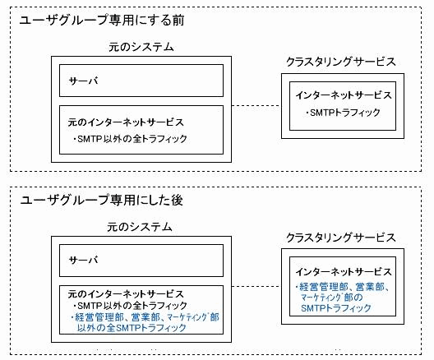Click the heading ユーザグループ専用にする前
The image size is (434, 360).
(102, 21)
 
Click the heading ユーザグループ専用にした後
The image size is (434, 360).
(102, 200)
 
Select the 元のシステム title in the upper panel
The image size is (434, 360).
(141, 47)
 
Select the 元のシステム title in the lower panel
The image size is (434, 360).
(140, 227)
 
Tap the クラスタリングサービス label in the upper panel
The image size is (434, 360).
(341, 62)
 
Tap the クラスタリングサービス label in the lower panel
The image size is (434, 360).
(341, 238)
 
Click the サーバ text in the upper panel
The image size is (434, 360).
(83, 81)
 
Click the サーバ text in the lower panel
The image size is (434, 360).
(83, 260)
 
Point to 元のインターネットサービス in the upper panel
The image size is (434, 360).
(126, 122)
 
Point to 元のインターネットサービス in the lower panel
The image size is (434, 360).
(126, 294)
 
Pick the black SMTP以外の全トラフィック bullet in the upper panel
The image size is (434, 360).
(130, 139)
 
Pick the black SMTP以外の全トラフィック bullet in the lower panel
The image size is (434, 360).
(130, 306)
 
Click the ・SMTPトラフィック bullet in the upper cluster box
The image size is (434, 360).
(343, 113)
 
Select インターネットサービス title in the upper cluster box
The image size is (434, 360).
(344, 95)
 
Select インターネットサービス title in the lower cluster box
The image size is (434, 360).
(344, 272)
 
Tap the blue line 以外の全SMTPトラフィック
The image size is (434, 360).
(132, 328)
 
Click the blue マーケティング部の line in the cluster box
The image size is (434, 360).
(332, 298)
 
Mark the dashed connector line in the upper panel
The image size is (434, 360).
(256, 105)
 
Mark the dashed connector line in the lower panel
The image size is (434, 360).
(256, 286)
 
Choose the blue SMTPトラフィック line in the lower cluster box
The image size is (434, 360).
(335, 308)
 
